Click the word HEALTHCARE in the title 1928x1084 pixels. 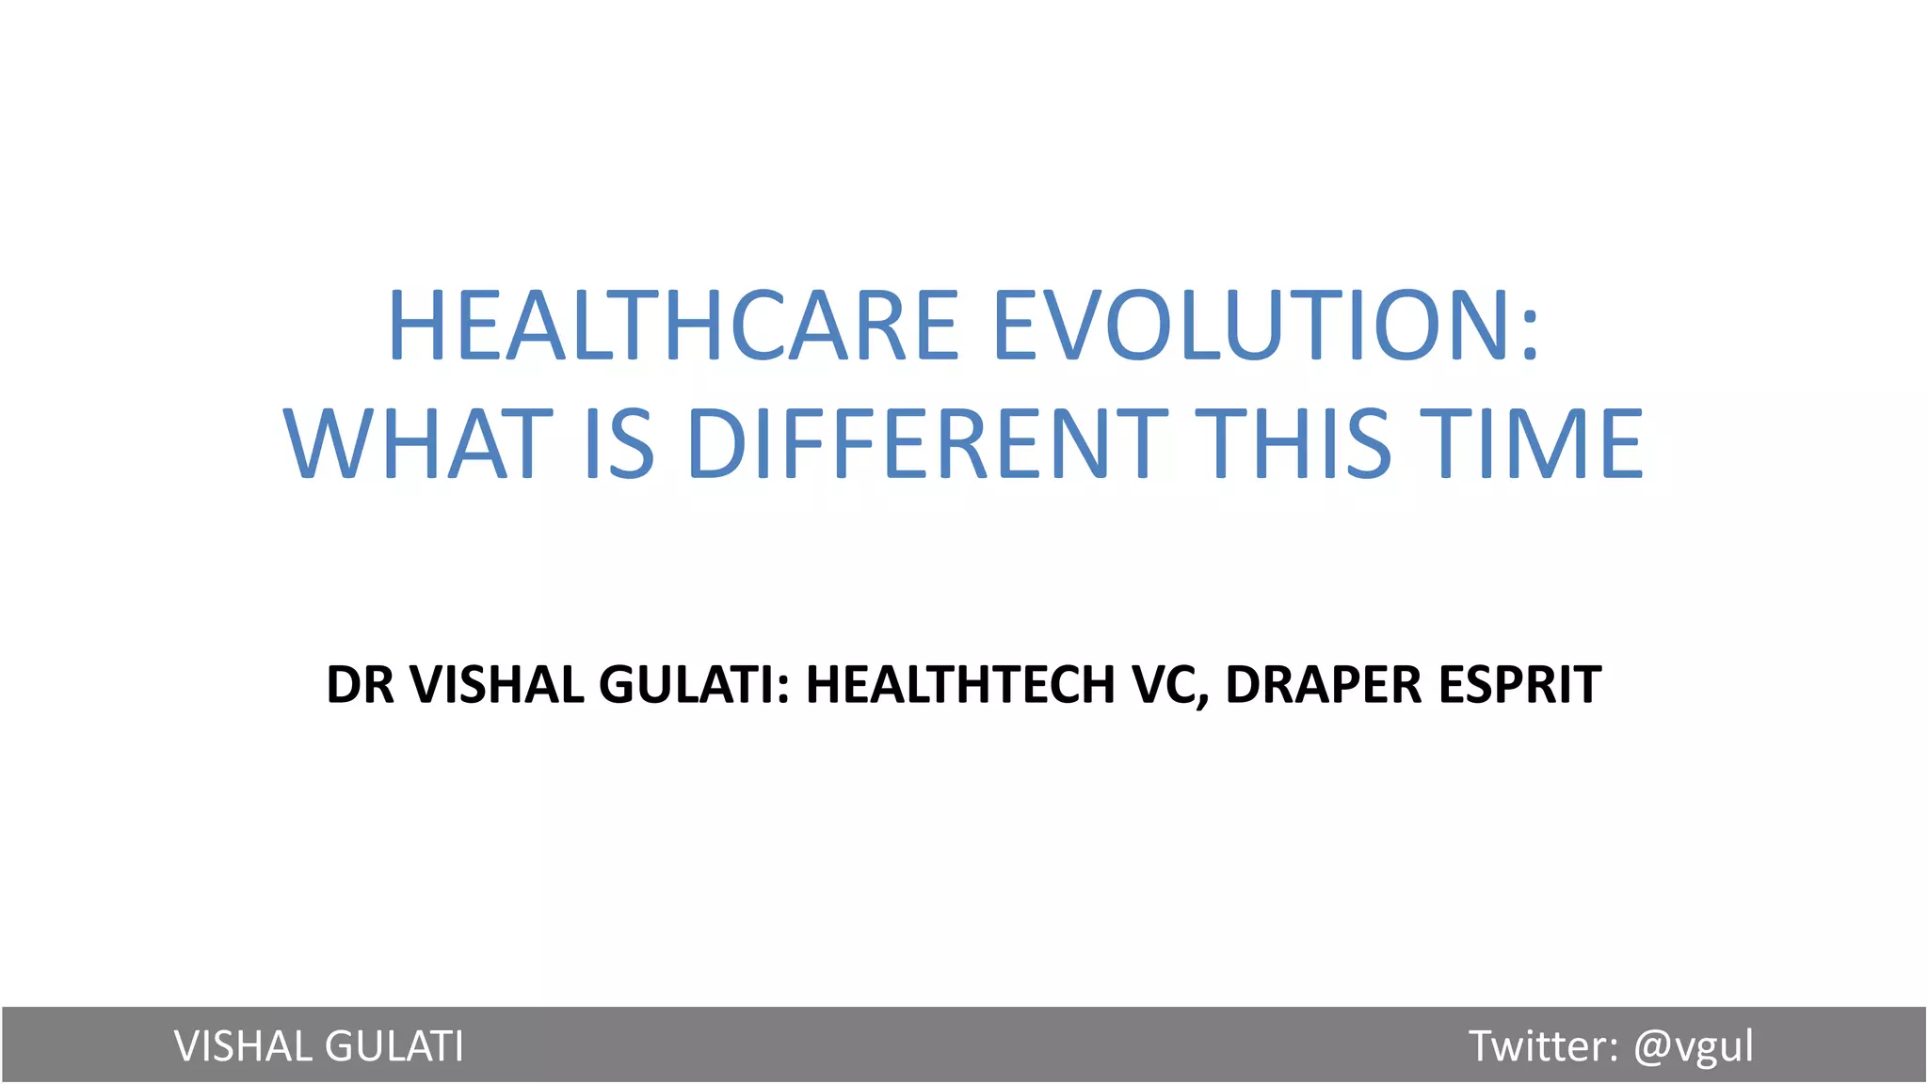[674, 325]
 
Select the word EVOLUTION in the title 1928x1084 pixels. [1253, 325]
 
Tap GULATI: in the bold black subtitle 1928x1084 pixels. [695, 684]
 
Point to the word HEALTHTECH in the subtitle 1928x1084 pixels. [960, 684]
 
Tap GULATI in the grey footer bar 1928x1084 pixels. [394, 1046]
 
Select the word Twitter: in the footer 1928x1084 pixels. [1544, 1046]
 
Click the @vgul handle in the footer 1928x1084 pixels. [1694, 1048]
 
